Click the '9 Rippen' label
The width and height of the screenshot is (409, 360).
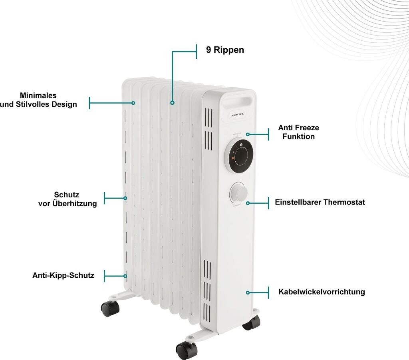pos(225,50)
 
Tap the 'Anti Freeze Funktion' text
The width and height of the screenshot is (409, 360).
pos(298,132)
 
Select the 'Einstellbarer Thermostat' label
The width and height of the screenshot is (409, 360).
pos(320,202)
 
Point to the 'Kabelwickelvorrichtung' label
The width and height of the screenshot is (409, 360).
pos(322,292)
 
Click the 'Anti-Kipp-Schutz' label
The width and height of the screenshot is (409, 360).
pos(63,275)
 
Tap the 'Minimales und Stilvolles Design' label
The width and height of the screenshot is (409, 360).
pos(38,100)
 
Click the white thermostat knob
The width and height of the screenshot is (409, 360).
pos(238,193)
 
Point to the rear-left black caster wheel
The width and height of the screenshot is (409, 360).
pos(110,308)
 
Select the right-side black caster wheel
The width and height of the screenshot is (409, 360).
pos(251,322)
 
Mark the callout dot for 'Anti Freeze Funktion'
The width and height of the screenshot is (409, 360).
pos(248,135)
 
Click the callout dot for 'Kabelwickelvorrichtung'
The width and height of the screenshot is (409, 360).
pos(248,293)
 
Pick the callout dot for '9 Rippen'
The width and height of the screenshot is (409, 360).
pos(172,103)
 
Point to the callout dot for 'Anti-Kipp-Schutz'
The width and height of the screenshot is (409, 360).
pos(125,276)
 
